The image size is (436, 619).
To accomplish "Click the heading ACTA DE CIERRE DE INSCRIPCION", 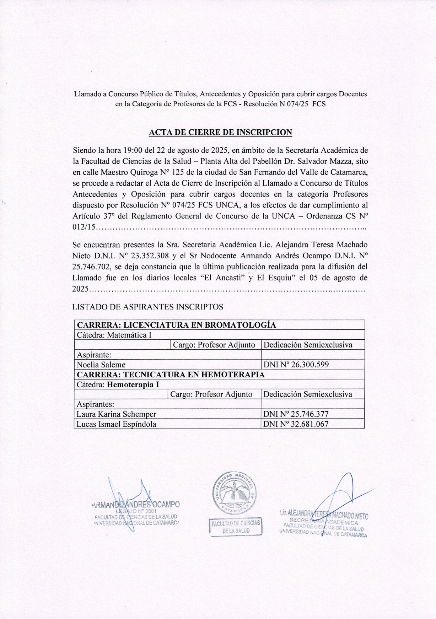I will pos(220,133).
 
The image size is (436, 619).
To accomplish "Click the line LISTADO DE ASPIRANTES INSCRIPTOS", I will pos(147,307).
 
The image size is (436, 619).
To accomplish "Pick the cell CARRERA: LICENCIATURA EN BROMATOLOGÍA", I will pos(177,325).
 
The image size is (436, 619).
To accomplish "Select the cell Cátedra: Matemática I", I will pos(114,335).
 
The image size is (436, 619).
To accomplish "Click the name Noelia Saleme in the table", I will pos(101,365).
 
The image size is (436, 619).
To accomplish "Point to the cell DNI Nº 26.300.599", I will pos(296,365).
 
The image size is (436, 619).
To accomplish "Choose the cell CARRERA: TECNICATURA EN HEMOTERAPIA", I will pos(171,375).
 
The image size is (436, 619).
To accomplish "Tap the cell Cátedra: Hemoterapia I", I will pos(118,384).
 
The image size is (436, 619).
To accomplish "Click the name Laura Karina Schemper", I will pos(117,414).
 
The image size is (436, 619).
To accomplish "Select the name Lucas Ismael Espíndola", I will pos(117,424).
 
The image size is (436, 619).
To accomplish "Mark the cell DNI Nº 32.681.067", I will pos(296,424).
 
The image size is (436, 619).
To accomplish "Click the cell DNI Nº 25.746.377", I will pos(296,414).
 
